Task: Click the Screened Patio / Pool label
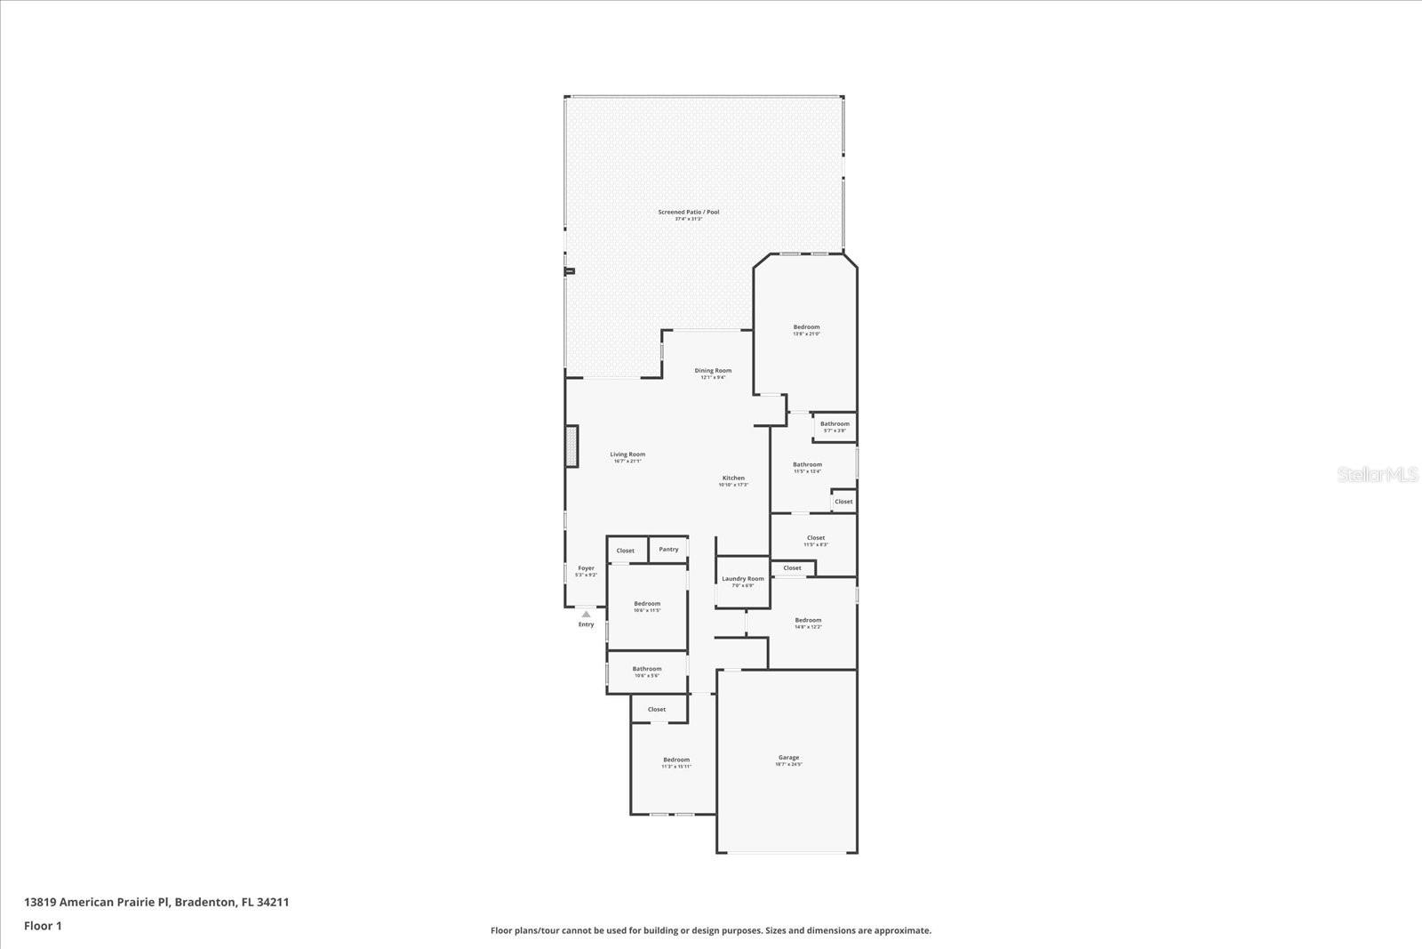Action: (689, 213)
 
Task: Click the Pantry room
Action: (668, 550)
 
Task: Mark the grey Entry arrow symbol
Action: (586, 614)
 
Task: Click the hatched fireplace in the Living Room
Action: (572, 446)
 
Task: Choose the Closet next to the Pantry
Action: (626, 551)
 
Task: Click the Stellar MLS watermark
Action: (1378, 475)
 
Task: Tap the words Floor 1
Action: (43, 926)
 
